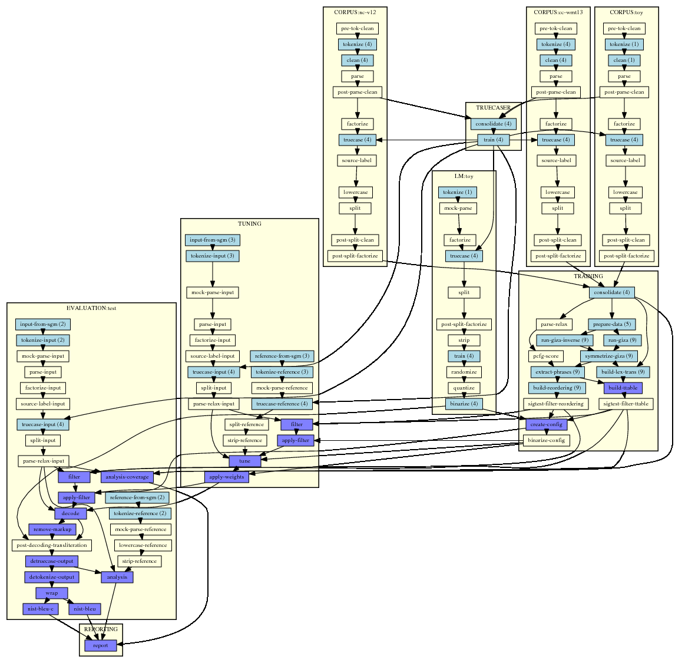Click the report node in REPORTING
tap(101, 645)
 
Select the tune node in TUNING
tap(244, 461)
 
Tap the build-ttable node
tap(623, 388)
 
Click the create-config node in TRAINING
tap(546, 424)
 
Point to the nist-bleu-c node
tap(41, 609)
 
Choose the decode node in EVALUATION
tap(71, 513)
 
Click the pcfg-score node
tap(546, 356)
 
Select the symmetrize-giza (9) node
tap(608, 356)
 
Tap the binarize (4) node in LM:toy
tap(464, 404)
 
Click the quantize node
tap(464, 388)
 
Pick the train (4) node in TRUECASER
tap(493, 140)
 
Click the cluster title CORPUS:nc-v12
tap(355, 12)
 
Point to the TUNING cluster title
tap(249, 223)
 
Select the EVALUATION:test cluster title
tap(91, 308)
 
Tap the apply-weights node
tap(227, 477)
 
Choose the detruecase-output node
tap(52, 561)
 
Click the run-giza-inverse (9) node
tap(564, 340)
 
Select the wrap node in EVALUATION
tap(52, 593)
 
